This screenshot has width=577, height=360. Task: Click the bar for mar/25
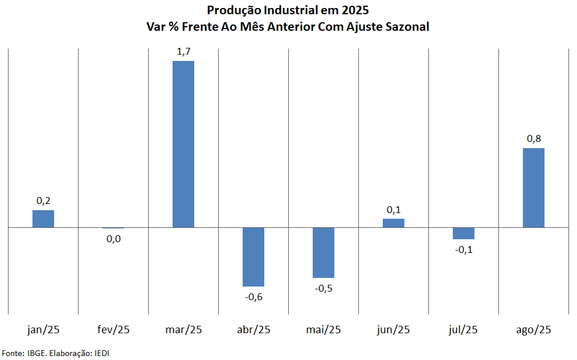click(183, 144)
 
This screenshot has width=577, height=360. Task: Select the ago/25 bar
click(534, 187)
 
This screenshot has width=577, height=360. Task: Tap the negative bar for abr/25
click(253, 257)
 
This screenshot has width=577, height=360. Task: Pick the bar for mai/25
click(324, 252)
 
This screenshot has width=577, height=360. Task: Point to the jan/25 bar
click(43, 219)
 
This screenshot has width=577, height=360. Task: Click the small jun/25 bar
click(394, 223)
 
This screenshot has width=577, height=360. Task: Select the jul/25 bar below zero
click(464, 233)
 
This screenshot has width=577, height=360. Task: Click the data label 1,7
click(183, 52)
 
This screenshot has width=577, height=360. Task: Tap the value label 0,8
click(534, 139)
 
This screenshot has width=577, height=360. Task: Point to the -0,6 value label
click(253, 297)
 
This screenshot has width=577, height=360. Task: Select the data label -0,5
click(324, 288)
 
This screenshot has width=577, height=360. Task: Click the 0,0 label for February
click(113, 239)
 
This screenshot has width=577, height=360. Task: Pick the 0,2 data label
click(43, 201)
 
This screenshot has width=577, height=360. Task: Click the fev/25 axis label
click(113, 329)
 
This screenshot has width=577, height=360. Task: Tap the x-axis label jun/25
click(394, 329)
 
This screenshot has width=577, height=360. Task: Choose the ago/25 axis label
click(534, 329)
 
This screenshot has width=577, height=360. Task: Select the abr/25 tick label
click(253, 329)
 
